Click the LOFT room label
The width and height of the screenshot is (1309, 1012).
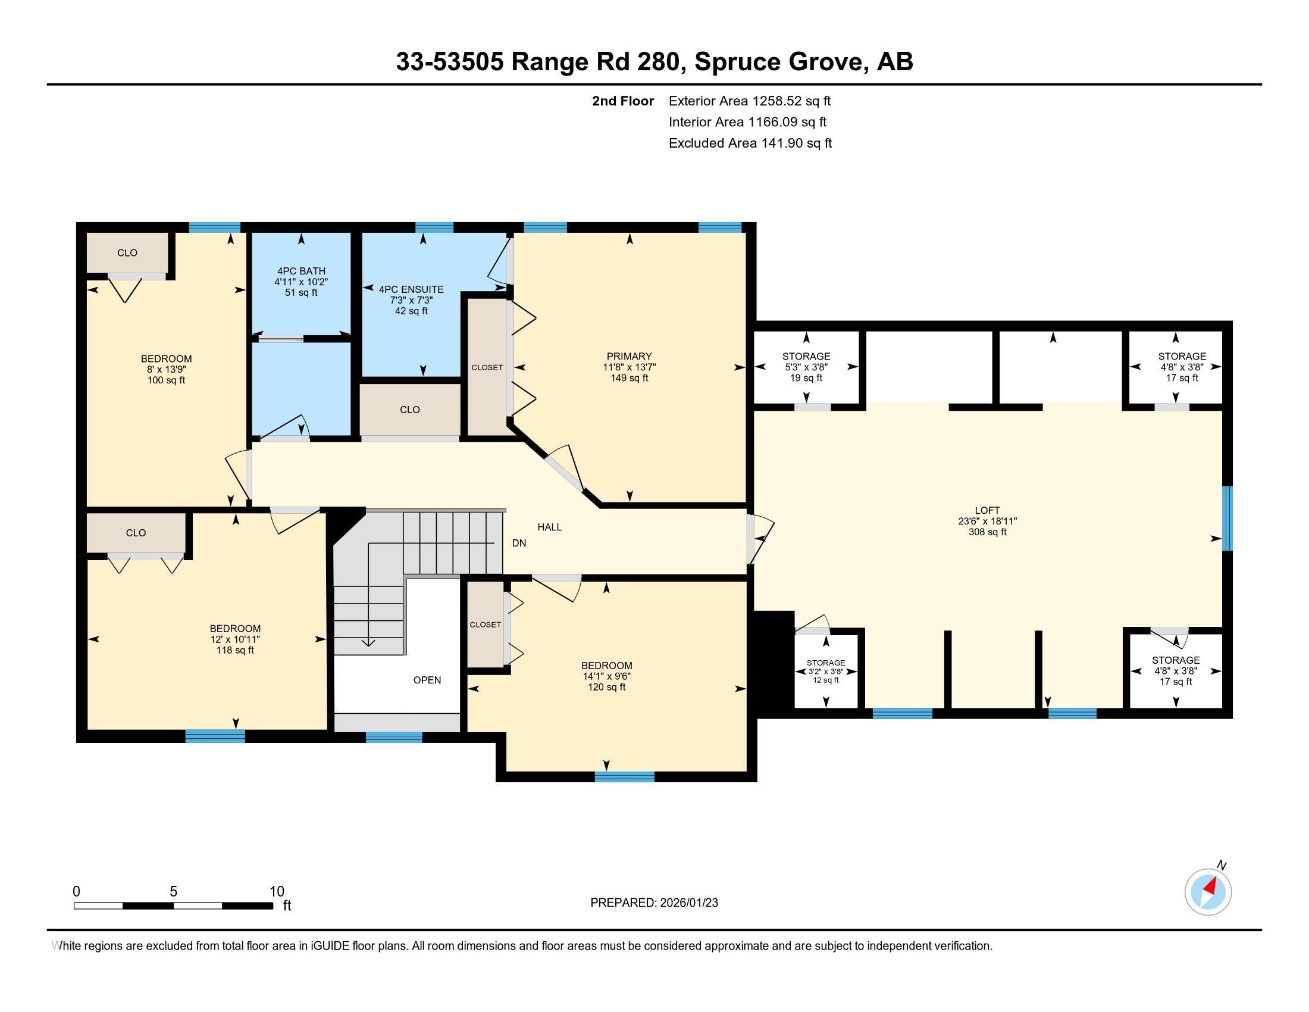[x=987, y=511]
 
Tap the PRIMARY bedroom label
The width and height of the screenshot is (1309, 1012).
[x=629, y=356]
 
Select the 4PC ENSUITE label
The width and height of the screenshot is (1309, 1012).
[x=411, y=289]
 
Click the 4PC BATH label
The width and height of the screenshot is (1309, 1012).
[x=301, y=271]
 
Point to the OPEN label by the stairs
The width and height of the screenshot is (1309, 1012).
[x=427, y=680]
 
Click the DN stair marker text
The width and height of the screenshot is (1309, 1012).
[x=519, y=543]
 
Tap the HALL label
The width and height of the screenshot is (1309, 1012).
[x=549, y=527]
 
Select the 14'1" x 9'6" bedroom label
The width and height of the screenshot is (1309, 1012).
[x=606, y=676]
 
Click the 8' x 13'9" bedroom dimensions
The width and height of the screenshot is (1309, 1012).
[x=166, y=369]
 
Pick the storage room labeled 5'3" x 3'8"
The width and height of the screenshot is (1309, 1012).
[x=806, y=367]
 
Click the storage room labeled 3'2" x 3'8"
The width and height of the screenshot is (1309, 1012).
[x=825, y=671]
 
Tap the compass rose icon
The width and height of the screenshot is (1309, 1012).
[x=1208, y=892]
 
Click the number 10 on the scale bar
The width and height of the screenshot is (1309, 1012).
[x=276, y=891]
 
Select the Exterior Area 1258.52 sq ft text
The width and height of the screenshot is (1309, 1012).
[x=749, y=101]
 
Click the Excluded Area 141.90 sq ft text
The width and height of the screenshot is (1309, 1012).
[x=750, y=143]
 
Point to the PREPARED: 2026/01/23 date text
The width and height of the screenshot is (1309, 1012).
[x=654, y=903]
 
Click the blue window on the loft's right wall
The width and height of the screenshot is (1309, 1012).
[x=1227, y=518]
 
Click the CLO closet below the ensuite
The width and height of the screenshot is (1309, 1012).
[x=410, y=410]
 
